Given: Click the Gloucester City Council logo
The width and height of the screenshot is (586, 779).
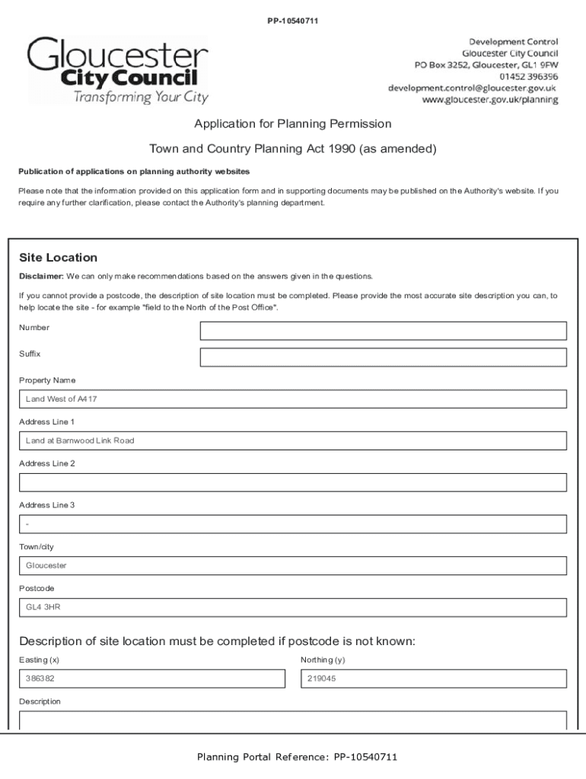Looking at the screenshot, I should pyautogui.click(x=118, y=70).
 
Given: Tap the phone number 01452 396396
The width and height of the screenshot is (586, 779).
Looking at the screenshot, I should pyautogui.click(x=528, y=77).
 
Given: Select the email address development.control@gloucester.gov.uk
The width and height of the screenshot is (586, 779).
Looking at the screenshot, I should pyautogui.click(x=472, y=88).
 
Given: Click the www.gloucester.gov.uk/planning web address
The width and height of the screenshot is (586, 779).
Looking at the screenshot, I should pyautogui.click(x=489, y=100).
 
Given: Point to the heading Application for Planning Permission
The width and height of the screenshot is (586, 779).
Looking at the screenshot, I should pyautogui.click(x=292, y=123).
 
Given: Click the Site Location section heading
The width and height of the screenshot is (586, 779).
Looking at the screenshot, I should pyautogui.click(x=58, y=258).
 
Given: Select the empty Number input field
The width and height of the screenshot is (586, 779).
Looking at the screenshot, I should pyautogui.click(x=383, y=331).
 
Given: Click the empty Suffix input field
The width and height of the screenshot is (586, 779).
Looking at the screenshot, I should pyautogui.click(x=383, y=358).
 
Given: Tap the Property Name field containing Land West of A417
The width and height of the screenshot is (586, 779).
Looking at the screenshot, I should pyautogui.click(x=292, y=399).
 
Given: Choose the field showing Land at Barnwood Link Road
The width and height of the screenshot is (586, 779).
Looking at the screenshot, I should pyautogui.click(x=292, y=441).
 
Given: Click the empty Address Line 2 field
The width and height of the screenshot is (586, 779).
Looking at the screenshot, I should pyautogui.click(x=292, y=482).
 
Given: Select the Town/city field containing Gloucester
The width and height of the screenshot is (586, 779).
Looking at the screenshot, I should pyautogui.click(x=292, y=566).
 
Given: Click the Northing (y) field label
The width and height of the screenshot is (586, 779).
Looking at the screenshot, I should pyautogui.click(x=323, y=660).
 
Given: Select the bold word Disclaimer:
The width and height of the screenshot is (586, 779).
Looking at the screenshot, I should pyautogui.click(x=41, y=276).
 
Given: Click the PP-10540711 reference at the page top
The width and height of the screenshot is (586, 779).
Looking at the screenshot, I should pyautogui.click(x=292, y=21).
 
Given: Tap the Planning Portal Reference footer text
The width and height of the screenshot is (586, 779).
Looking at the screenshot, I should pyautogui.click(x=297, y=757).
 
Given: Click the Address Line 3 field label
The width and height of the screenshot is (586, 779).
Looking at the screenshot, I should pyautogui.click(x=46, y=505).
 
